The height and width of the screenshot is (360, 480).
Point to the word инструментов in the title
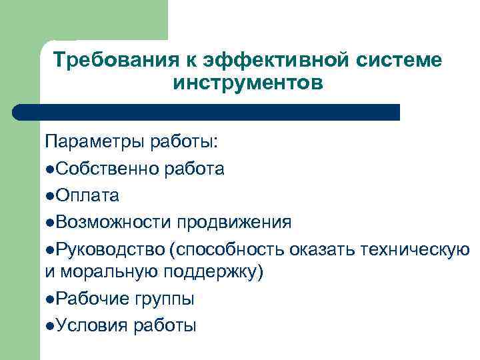[247, 84]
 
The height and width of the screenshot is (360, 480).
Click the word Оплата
[87, 195]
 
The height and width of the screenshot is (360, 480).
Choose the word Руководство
[110, 247]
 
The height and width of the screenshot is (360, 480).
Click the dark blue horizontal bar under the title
[207, 112]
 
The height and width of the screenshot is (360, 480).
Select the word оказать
[323, 247]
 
